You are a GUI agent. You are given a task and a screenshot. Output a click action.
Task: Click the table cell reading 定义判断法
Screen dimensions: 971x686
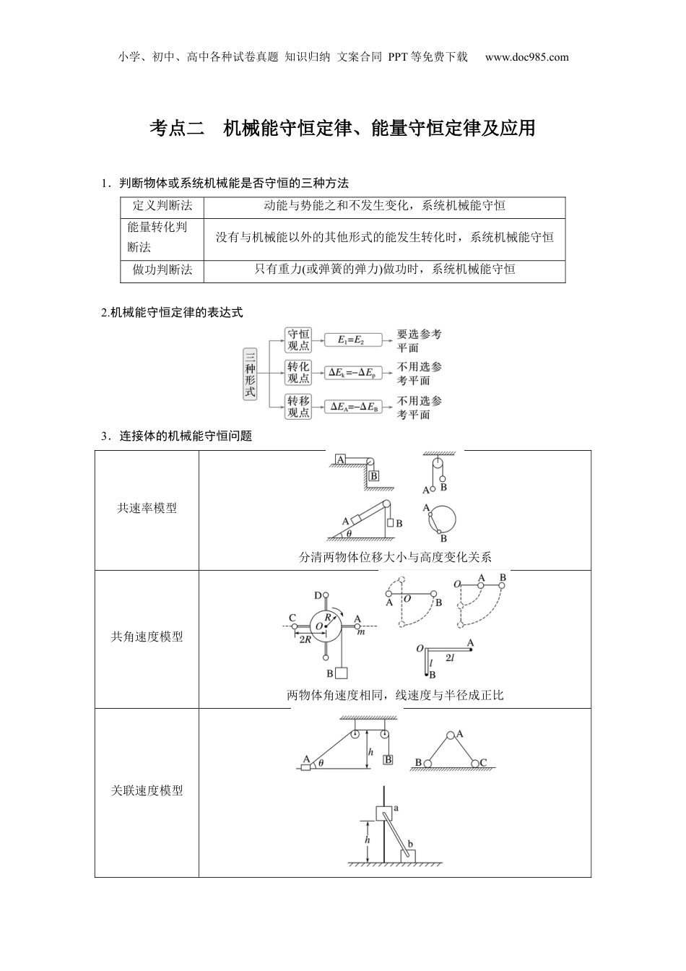click(x=162, y=206)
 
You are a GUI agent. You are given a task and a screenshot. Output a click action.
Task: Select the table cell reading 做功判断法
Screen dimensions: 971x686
click(x=162, y=269)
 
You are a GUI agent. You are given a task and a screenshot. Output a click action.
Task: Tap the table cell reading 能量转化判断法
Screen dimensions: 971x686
click(x=157, y=237)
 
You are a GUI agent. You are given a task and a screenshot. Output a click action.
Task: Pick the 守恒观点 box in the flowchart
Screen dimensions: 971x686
click(x=298, y=340)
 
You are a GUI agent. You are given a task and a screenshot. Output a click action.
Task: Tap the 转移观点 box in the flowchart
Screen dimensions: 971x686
click(x=298, y=407)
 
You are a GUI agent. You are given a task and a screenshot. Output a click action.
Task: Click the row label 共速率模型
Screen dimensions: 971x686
click(x=147, y=509)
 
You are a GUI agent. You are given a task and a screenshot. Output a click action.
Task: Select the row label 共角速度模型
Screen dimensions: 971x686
click(x=147, y=637)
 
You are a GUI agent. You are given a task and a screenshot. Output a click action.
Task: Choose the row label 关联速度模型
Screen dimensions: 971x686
click(x=147, y=791)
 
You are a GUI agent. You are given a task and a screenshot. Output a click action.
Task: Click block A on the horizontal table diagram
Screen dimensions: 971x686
click(x=340, y=459)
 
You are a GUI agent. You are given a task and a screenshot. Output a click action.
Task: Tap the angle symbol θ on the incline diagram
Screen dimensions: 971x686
click(x=349, y=533)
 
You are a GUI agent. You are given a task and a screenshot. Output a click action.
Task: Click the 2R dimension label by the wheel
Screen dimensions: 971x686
click(x=305, y=638)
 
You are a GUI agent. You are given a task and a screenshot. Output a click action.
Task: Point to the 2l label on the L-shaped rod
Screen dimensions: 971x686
click(x=449, y=657)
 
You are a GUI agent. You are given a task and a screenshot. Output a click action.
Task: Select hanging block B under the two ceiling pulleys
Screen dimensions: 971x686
click(x=388, y=759)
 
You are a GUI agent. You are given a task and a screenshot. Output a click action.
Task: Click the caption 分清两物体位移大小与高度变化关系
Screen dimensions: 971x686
click(x=395, y=557)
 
